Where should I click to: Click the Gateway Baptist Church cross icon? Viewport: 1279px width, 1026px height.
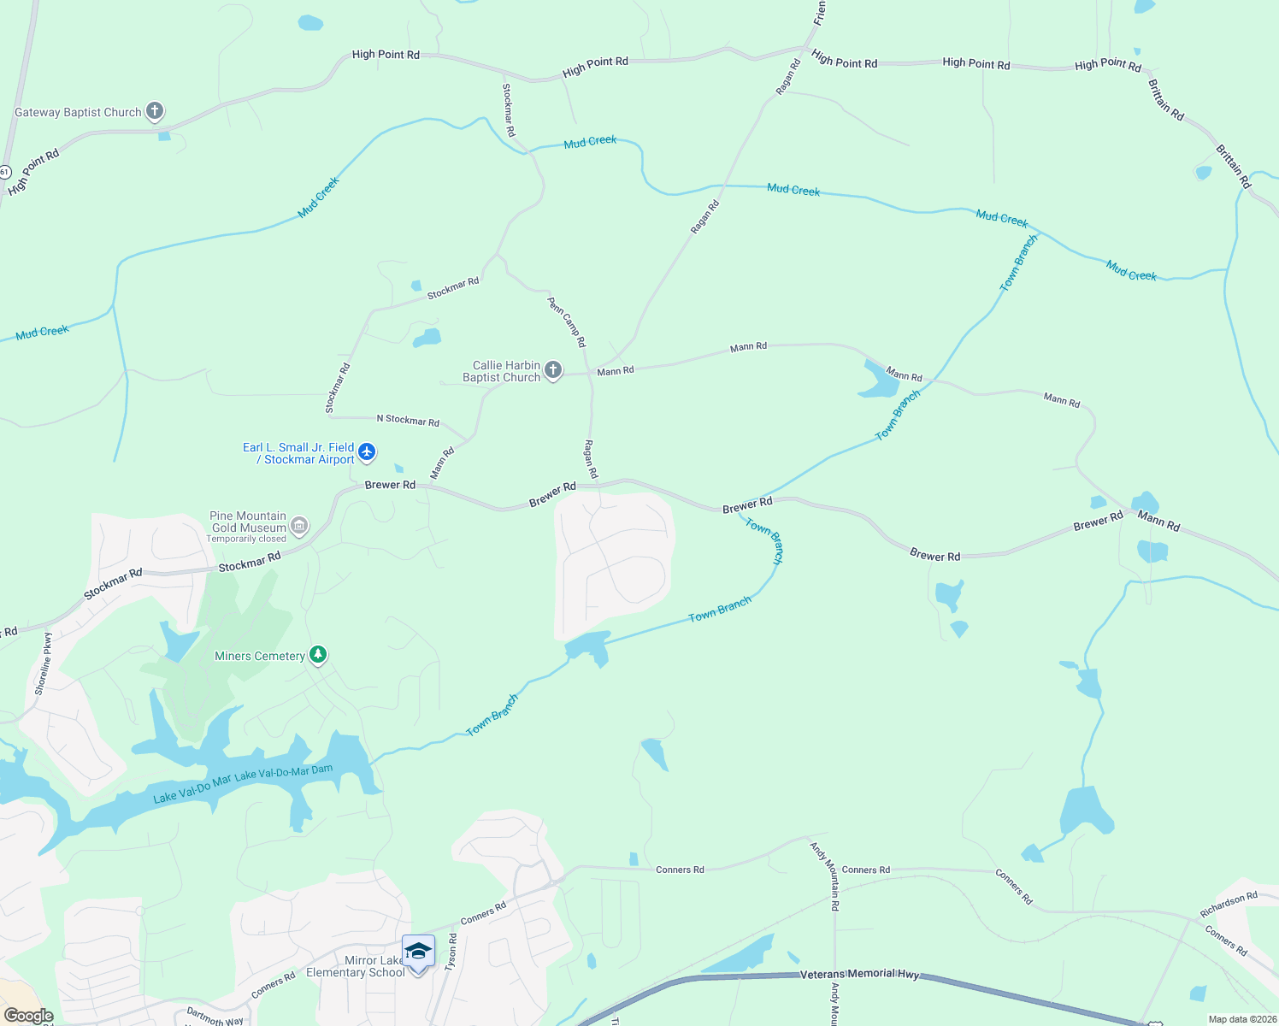pyautogui.click(x=155, y=110)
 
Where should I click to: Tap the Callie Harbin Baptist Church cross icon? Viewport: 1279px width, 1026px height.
pyautogui.click(x=553, y=370)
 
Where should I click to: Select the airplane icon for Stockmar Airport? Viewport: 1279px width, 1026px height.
pyautogui.click(x=367, y=451)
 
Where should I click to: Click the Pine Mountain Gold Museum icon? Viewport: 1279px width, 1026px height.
pyautogui.click(x=299, y=525)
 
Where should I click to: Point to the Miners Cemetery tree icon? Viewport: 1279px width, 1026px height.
pyautogui.click(x=318, y=655)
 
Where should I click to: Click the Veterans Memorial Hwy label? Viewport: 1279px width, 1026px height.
pyautogui.click(x=859, y=974)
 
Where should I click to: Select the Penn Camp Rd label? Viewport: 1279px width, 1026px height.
pyautogui.click(x=567, y=321)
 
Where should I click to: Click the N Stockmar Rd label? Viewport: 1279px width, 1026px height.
pyautogui.click(x=408, y=420)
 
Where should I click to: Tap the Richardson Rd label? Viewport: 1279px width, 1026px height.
pyautogui.click(x=1229, y=905)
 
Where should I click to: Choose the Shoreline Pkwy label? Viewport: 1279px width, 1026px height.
pyautogui.click(x=43, y=663)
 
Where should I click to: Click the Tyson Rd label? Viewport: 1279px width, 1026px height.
pyautogui.click(x=452, y=951)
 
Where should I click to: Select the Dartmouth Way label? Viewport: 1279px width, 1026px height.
pyautogui.click(x=215, y=1017)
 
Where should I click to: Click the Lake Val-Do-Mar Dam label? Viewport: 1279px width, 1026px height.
pyautogui.click(x=284, y=773)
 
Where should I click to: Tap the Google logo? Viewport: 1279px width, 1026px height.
pyautogui.click(x=28, y=1016)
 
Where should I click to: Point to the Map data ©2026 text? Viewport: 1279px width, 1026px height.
pyautogui.click(x=1241, y=1019)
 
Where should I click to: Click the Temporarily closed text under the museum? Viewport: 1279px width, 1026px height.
pyautogui.click(x=246, y=539)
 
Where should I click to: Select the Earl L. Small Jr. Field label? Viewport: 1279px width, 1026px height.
pyautogui.click(x=298, y=447)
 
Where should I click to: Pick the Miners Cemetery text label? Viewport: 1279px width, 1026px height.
pyautogui.click(x=260, y=656)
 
